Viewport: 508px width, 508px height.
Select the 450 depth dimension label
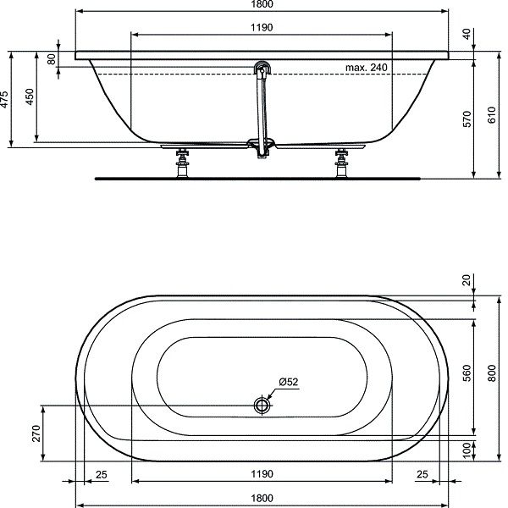click(x=31, y=97)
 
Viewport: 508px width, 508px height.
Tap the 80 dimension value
click(x=51, y=59)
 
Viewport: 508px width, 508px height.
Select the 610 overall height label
click(x=491, y=119)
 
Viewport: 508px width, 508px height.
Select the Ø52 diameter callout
click(x=290, y=383)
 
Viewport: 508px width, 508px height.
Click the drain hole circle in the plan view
click(x=262, y=406)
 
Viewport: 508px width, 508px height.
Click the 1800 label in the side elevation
click(x=262, y=4)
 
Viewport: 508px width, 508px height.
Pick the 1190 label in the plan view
click(x=262, y=475)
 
